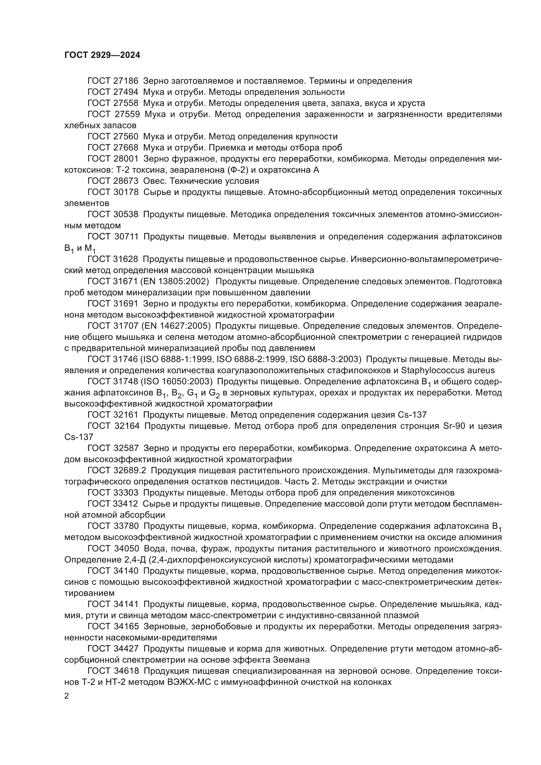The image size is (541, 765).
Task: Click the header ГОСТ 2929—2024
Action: click(x=102, y=55)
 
